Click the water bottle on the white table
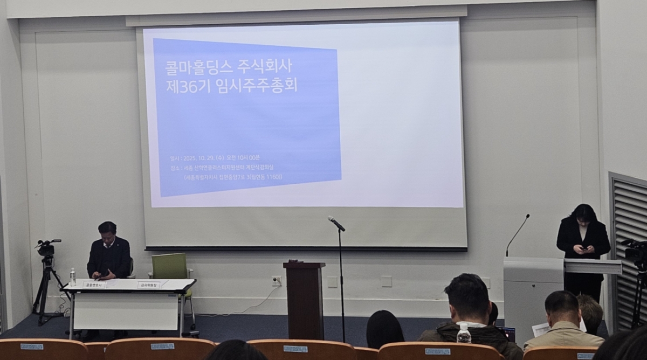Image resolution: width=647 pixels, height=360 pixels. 72,277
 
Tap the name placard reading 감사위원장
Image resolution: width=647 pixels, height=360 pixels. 148,285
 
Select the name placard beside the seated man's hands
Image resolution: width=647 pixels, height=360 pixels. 94,285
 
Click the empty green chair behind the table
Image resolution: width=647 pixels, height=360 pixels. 170,266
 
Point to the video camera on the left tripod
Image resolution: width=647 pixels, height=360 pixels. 46,248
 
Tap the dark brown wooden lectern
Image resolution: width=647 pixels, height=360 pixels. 305,299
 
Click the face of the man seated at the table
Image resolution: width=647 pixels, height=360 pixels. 107,234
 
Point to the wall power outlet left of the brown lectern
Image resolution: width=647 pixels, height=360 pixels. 276,280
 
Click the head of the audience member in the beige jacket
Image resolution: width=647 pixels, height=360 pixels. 561,309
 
